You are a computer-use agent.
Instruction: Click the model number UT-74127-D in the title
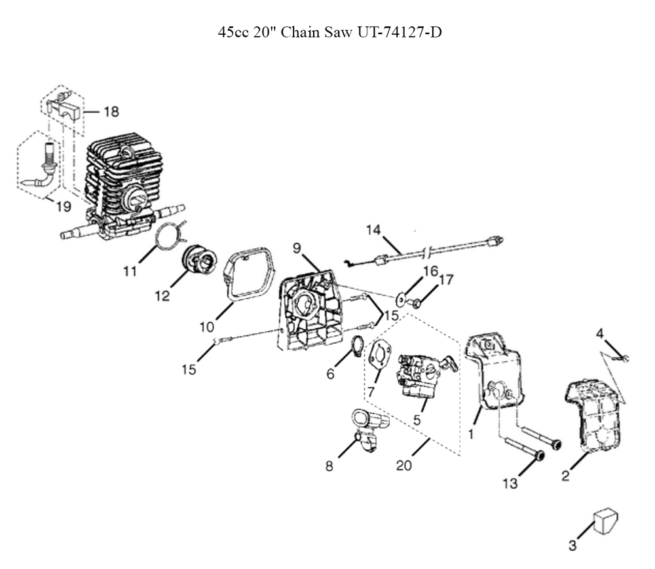(399, 32)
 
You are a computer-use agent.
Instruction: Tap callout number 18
(111, 111)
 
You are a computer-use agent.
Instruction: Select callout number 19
(64, 206)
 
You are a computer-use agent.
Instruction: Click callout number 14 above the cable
(373, 230)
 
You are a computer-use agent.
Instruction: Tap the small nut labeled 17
(415, 303)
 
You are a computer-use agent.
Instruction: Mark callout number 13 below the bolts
(510, 483)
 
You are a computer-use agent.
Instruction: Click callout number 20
(404, 465)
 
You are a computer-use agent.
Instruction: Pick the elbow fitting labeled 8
(370, 430)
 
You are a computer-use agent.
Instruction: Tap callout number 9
(297, 248)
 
